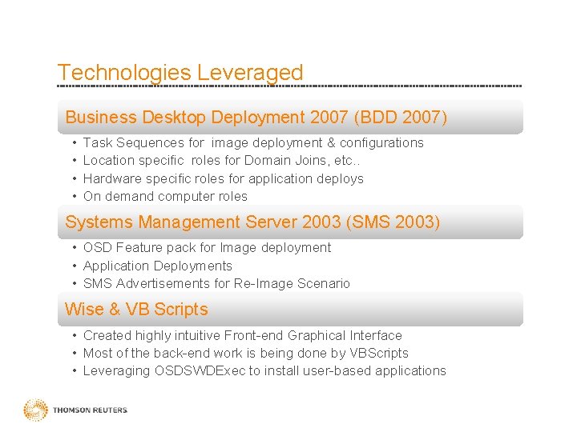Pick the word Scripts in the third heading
click(x=180, y=310)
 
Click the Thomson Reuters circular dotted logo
click(x=35, y=410)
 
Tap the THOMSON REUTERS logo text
click(x=90, y=410)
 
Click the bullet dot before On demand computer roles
click(x=74, y=196)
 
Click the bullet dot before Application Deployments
click(x=74, y=266)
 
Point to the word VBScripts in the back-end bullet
click(x=376, y=354)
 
